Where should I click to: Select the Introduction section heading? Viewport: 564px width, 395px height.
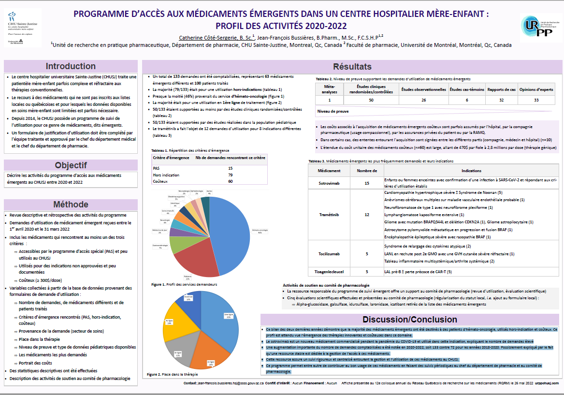pos(71,67)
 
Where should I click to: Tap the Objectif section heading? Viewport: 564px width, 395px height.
pos(71,165)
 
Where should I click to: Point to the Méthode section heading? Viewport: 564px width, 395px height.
pos(71,205)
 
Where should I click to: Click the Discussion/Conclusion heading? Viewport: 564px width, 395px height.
pos(410,320)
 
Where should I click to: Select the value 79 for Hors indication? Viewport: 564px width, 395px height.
pos(231,175)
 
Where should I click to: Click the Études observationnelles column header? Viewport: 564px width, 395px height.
pos(424,89)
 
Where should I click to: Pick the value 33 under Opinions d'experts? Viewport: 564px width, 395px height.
pos(536,100)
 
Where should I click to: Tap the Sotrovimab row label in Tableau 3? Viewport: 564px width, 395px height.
pos(329,183)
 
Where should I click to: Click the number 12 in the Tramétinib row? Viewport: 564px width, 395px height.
pos(367,214)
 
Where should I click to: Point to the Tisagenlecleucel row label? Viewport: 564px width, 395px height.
pos(329,272)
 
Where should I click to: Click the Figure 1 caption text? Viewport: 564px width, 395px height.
pos(184,285)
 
